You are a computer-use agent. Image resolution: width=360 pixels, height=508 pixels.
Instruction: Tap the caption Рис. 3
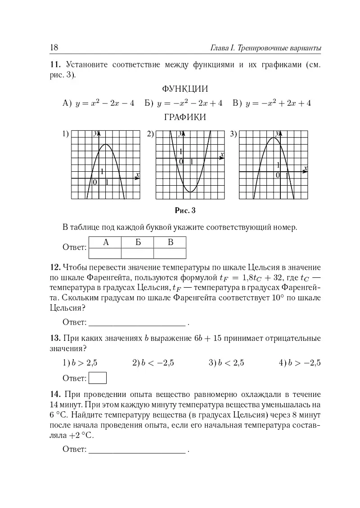[x=185, y=210]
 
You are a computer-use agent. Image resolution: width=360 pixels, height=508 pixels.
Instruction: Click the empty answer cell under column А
[x=106, y=254]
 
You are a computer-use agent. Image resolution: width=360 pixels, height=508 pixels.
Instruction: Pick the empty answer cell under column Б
[x=138, y=254]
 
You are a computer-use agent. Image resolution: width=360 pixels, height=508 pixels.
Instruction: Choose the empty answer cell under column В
[x=170, y=254]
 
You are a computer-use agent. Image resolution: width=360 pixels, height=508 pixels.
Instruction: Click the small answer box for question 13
[x=98, y=378]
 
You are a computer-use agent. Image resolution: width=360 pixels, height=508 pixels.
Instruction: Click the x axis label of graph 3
[x=306, y=169]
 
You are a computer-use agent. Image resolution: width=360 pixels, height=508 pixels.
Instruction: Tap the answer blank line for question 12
[x=137, y=323]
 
